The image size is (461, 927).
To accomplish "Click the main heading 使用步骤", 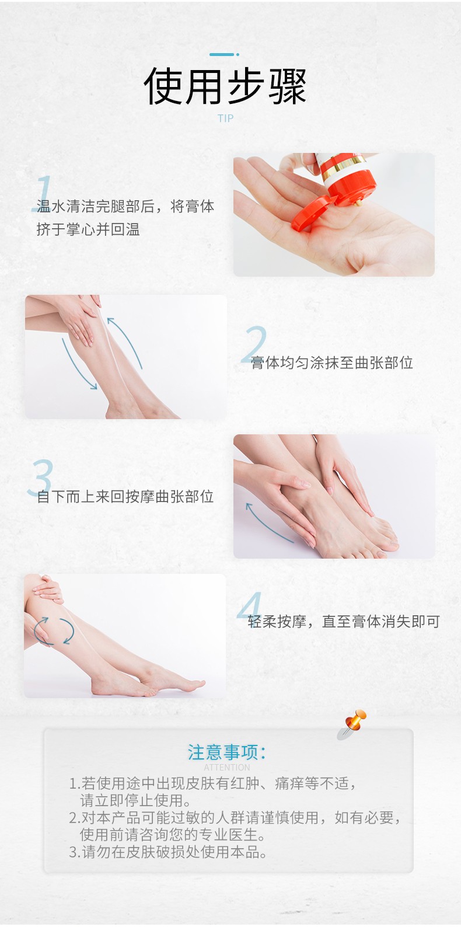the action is click(x=225, y=86).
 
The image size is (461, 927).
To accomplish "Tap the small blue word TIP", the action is click(x=225, y=119).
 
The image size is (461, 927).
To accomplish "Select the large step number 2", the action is click(x=254, y=344).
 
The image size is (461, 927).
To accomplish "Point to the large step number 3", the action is click(x=40, y=478).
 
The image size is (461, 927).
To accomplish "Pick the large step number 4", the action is click(x=250, y=605).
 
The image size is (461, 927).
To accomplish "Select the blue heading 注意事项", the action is click(x=227, y=752).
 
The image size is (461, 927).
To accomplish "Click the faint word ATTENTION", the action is click(x=227, y=767).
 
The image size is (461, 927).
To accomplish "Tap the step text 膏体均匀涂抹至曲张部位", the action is click(x=331, y=363).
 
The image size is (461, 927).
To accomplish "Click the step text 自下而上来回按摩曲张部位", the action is click(x=125, y=496).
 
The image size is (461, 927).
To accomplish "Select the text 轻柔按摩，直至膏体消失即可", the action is click(x=344, y=621).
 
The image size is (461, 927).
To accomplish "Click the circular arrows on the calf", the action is click(x=54, y=632).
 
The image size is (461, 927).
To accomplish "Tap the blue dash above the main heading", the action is click(x=224, y=54).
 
